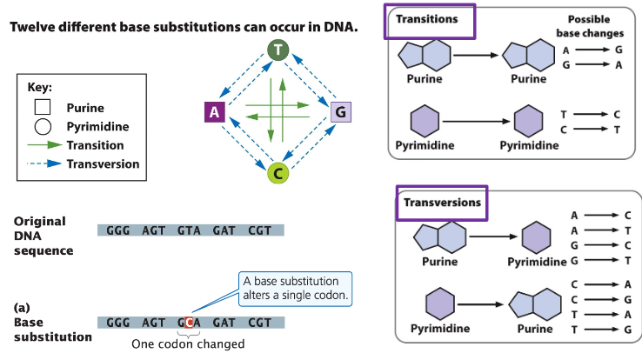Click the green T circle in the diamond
pos(278,50)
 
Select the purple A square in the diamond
pos(214,111)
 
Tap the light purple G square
pos(341,111)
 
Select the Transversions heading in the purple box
pos(439,202)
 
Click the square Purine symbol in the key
pos(43,108)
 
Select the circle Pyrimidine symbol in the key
pos(43,127)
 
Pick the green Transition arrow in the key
pos(44,145)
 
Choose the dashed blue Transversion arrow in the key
pos(44,163)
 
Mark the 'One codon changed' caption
pos(188,344)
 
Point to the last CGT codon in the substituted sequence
pos(258,322)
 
